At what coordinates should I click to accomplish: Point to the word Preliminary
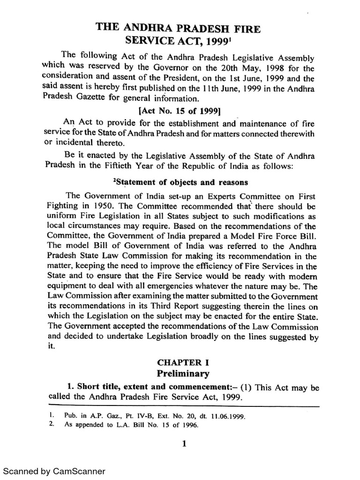point(180,374)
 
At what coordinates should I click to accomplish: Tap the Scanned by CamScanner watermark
point(54,471)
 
